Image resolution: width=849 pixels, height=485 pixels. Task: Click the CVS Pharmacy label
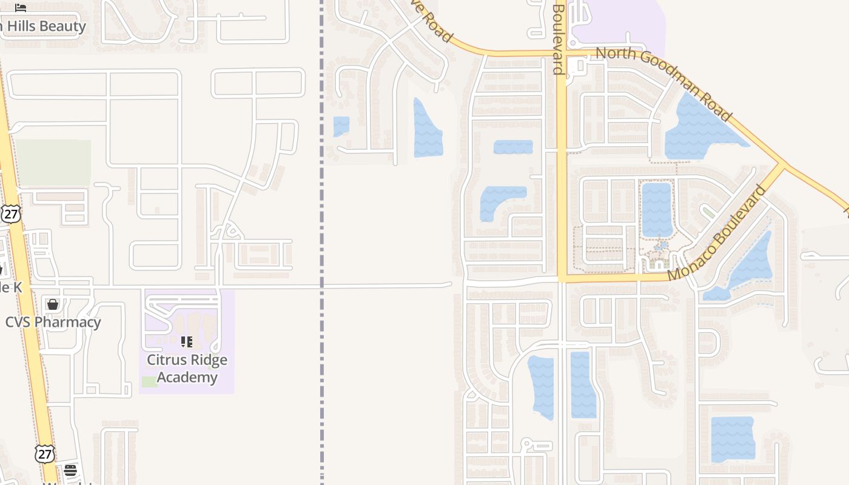[53, 322]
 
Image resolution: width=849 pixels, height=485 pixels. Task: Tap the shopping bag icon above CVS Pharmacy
[53, 304]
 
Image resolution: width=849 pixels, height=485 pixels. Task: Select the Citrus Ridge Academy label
[187, 368]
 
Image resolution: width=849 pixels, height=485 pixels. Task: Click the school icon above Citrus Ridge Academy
[187, 342]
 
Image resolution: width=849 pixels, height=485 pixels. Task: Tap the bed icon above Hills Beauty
[21, 8]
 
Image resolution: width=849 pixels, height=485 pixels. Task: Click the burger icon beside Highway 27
[70, 470]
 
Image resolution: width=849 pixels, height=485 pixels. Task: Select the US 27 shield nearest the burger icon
[44, 453]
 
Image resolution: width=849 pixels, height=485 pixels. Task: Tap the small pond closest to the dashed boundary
[341, 126]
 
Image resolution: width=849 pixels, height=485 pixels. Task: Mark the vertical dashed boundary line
[321, 364]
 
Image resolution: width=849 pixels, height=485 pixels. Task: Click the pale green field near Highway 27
[53, 162]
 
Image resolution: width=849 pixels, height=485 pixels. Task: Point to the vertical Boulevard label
[559, 38]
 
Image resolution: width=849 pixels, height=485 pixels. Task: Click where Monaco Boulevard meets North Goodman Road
[782, 164]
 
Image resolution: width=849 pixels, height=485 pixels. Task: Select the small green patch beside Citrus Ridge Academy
[149, 381]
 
